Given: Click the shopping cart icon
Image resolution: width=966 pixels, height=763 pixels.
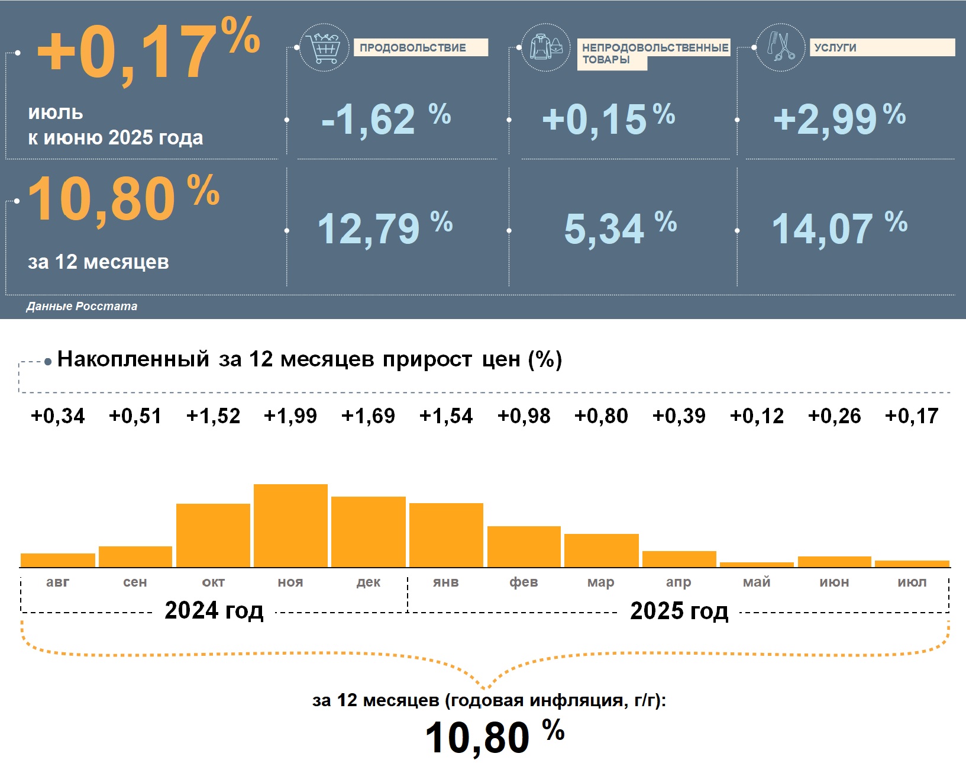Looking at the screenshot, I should tap(324, 48).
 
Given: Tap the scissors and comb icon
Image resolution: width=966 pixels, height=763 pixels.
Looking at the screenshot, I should tap(781, 47).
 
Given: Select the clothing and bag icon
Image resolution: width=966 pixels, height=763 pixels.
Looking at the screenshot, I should tap(545, 48).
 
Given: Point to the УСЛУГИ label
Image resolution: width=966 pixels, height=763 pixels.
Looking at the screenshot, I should tap(835, 48).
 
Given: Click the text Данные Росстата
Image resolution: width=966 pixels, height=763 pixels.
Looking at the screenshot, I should tap(82, 306).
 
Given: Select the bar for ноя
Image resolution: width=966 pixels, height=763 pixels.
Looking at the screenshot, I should tap(290, 526).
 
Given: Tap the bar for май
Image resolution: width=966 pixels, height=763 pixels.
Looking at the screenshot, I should tap(757, 565).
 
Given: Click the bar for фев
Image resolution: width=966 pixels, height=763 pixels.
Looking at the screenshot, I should tap(524, 546).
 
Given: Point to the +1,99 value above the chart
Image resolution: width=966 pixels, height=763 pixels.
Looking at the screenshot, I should tap(290, 416).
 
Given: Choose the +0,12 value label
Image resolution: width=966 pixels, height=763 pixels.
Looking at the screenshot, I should tap(757, 416).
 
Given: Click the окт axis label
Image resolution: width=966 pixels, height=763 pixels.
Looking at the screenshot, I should tap(213, 582).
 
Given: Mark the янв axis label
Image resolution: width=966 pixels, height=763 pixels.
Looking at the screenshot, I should tap(445, 582).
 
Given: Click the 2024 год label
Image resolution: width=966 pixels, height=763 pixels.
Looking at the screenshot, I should tap(214, 610).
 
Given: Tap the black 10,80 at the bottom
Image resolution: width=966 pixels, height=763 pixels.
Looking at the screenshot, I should tap(477, 738).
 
